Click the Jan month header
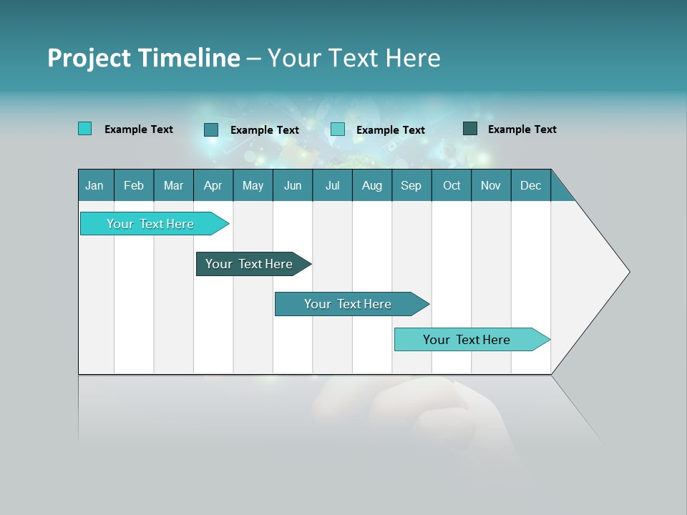[x=95, y=185]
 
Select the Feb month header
[x=134, y=185]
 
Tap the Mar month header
[x=173, y=185]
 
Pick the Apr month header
[x=213, y=185]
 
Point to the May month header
[x=253, y=185]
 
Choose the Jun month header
[x=293, y=185]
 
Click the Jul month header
[x=332, y=185]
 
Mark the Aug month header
[x=372, y=185]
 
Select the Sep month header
[x=411, y=185]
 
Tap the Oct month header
[x=452, y=185]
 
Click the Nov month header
[x=491, y=185]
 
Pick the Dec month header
[x=531, y=185]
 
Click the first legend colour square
[x=85, y=129]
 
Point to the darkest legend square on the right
[x=470, y=129]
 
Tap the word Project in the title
[x=89, y=58]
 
